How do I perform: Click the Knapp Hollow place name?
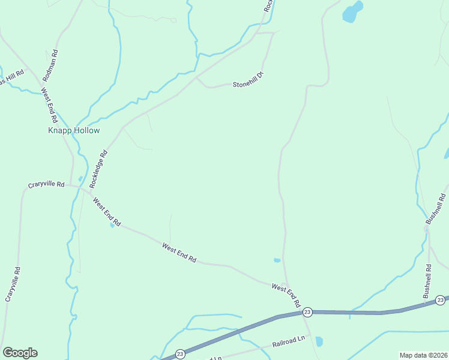[74, 130]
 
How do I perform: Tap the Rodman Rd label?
[53, 65]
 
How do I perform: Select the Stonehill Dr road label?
[248, 81]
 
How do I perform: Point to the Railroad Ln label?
[289, 342]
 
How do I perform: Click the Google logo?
[20, 353]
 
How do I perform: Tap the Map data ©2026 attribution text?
[423, 355]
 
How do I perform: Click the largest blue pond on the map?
[352, 12]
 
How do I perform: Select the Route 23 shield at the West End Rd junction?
[307, 312]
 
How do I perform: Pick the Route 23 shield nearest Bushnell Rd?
[441, 299]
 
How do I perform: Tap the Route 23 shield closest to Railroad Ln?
[179, 354]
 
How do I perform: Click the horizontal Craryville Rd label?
[46, 185]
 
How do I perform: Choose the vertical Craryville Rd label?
[13, 284]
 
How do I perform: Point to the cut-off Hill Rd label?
[11, 77]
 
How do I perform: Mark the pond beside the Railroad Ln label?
[319, 341]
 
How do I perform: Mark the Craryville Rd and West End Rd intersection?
[79, 187]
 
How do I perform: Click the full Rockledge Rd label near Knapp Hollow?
[99, 169]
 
